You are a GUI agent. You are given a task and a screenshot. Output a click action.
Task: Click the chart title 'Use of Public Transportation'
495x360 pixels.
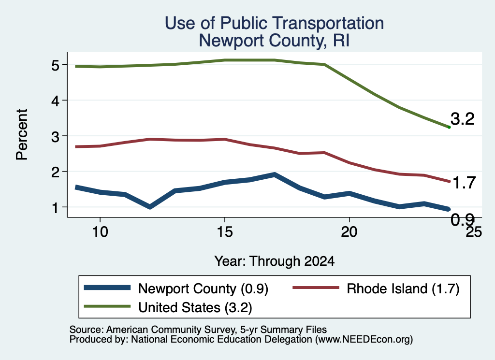[x=275, y=23]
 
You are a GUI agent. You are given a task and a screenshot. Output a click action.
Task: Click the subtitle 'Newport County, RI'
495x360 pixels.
[x=274, y=41]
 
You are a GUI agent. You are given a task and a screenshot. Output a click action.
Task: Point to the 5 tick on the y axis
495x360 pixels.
[x=55, y=65]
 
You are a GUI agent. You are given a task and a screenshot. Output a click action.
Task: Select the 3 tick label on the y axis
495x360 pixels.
[x=55, y=137]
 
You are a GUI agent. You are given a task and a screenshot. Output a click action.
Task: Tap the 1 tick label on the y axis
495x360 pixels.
[x=56, y=208]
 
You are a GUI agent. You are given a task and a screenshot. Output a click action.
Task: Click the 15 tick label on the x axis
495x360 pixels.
[x=225, y=232]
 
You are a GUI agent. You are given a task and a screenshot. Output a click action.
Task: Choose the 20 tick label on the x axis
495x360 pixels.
[x=349, y=232]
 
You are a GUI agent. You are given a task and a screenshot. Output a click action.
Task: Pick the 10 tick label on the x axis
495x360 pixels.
[x=100, y=232]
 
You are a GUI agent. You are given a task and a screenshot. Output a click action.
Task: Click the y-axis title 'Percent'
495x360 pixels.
[x=22, y=135]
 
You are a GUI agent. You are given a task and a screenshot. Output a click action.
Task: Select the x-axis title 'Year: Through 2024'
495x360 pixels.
[x=275, y=261]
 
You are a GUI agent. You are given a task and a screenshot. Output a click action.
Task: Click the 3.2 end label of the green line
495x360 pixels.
[x=463, y=119]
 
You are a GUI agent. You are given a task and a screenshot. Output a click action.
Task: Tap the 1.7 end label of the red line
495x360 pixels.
[x=464, y=183]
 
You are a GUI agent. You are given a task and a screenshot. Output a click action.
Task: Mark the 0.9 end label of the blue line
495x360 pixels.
[x=463, y=220]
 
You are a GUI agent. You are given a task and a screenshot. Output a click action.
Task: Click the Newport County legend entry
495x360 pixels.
[x=176, y=288]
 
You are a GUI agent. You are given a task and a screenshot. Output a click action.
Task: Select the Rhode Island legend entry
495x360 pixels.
[x=376, y=288]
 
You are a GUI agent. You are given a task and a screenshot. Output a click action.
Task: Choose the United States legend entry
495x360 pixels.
[x=168, y=307]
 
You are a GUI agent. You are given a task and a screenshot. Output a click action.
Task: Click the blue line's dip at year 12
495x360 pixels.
[x=150, y=207]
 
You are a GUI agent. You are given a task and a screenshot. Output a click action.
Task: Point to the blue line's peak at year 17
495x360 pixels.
[x=275, y=174]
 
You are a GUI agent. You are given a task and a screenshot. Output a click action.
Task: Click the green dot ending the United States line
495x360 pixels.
[x=449, y=127]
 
